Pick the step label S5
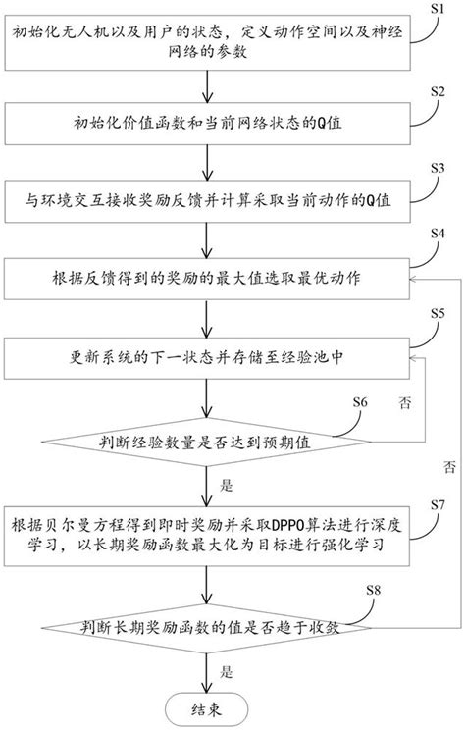point(439,313)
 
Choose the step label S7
point(439,503)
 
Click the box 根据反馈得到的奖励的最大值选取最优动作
point(204,278)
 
